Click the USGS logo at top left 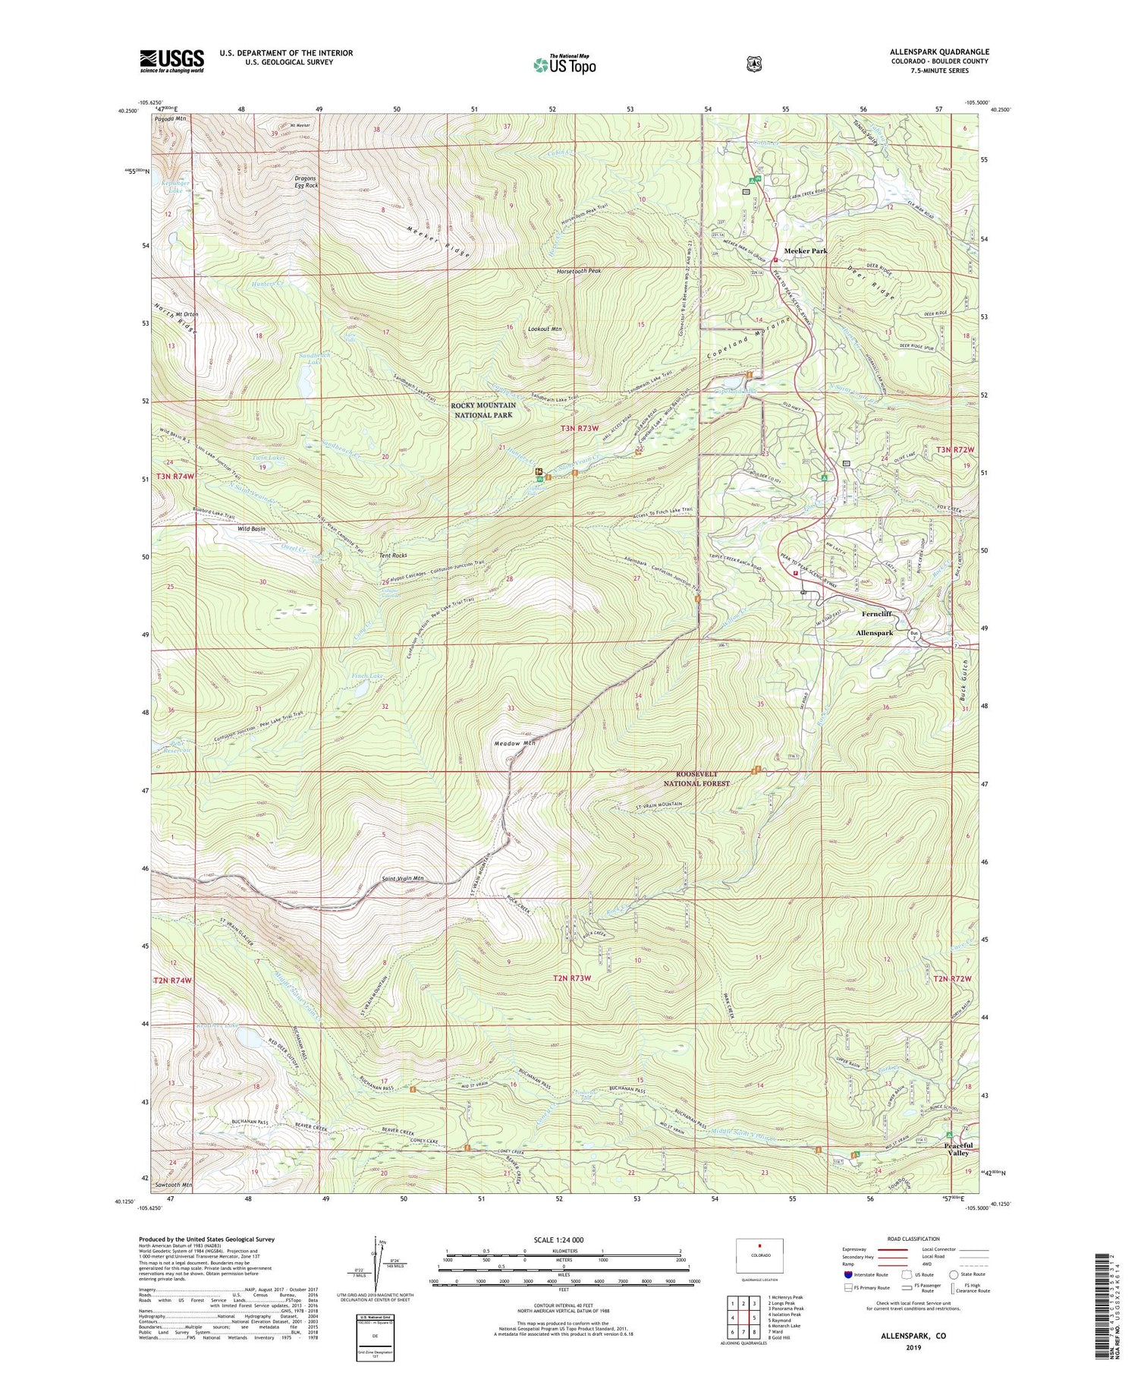tap(171, 61)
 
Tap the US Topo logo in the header tap(564, 64)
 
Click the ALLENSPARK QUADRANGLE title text tap(939, 52)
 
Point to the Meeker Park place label tap(805, 250)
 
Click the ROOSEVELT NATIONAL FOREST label tap(696, 779)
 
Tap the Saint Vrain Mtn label tap(402, 879)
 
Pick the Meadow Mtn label tap(514, 743)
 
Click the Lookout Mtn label tap(545, 329)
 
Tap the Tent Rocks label tap(393, 556)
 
